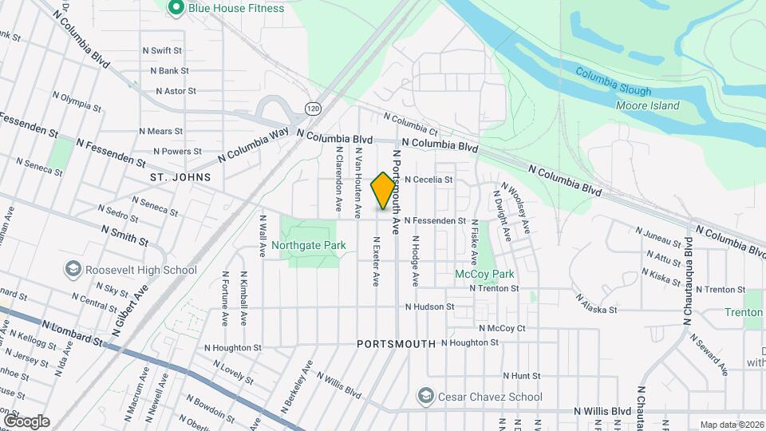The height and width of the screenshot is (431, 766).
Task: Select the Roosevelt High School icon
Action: (73, 270)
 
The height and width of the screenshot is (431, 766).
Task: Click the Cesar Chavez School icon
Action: (426, 397)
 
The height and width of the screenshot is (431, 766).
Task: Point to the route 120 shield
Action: (313, 108)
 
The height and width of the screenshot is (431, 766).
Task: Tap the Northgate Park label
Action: (308, 245)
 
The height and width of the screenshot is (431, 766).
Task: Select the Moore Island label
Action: (648, 105)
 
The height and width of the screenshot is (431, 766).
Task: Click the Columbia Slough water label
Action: (614, 91)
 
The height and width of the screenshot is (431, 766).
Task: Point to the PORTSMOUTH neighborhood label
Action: (396, 344)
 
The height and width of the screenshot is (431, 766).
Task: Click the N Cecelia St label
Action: (428, 180)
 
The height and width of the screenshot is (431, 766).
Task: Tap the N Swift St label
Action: (161, 50)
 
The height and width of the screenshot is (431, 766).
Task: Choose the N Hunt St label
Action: (522, 375)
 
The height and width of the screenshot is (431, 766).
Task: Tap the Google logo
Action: (26, 421)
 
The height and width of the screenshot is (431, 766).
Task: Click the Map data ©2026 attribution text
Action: (732, 425)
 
